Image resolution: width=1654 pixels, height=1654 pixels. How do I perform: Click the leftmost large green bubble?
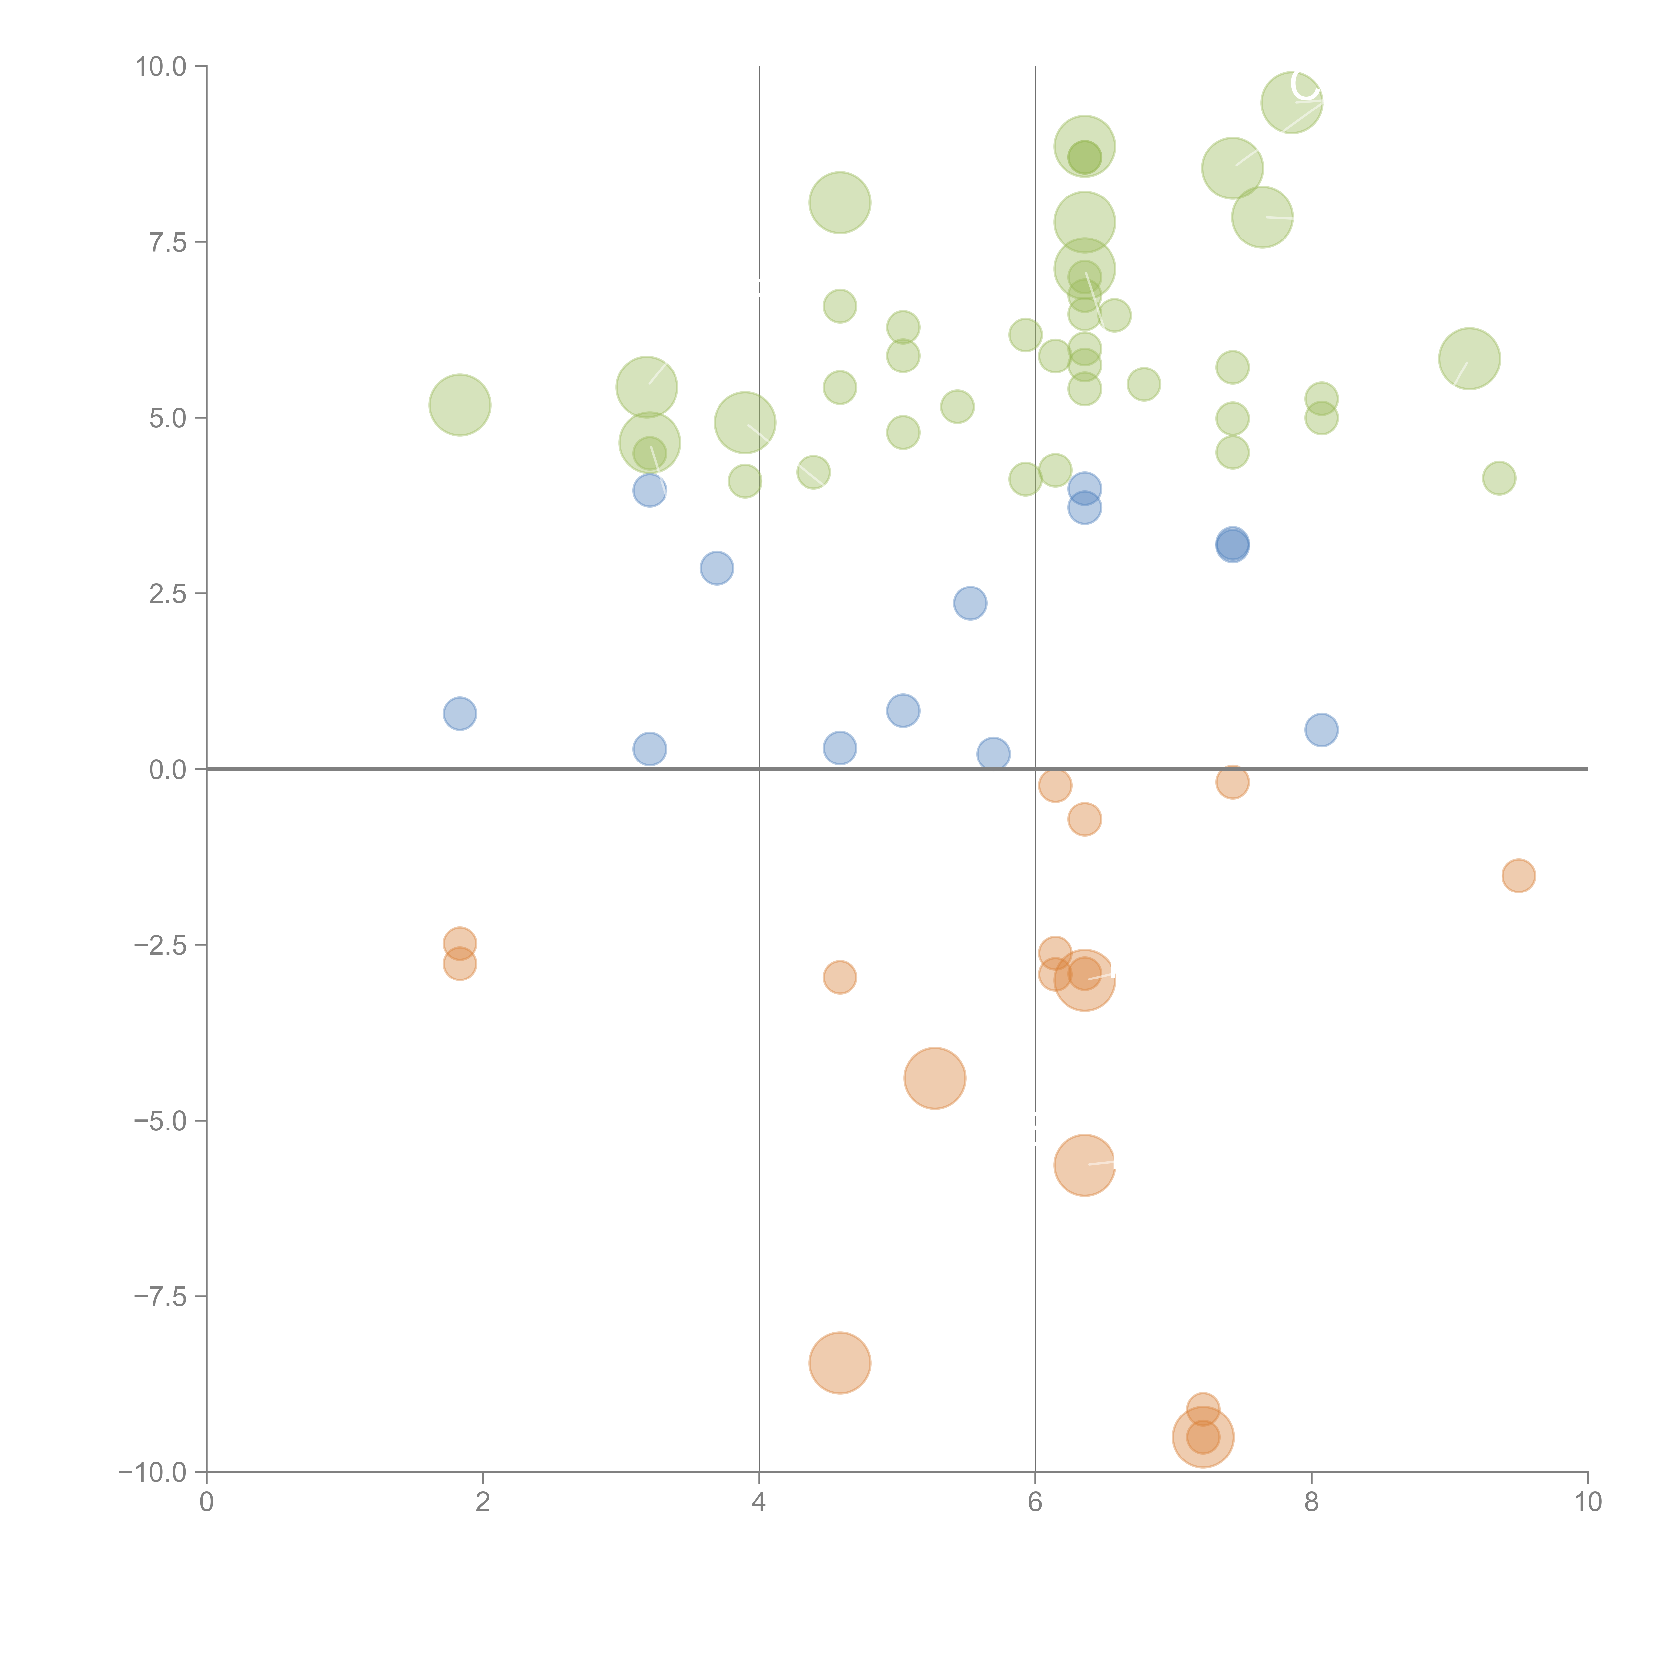tap(460, 405)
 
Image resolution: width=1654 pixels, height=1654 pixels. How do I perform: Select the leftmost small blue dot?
tap(460, 713)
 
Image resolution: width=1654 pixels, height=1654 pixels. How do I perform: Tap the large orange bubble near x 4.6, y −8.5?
tap(840, 1363)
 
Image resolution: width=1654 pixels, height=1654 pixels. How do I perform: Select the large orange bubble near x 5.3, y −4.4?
tap(935, 1078)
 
